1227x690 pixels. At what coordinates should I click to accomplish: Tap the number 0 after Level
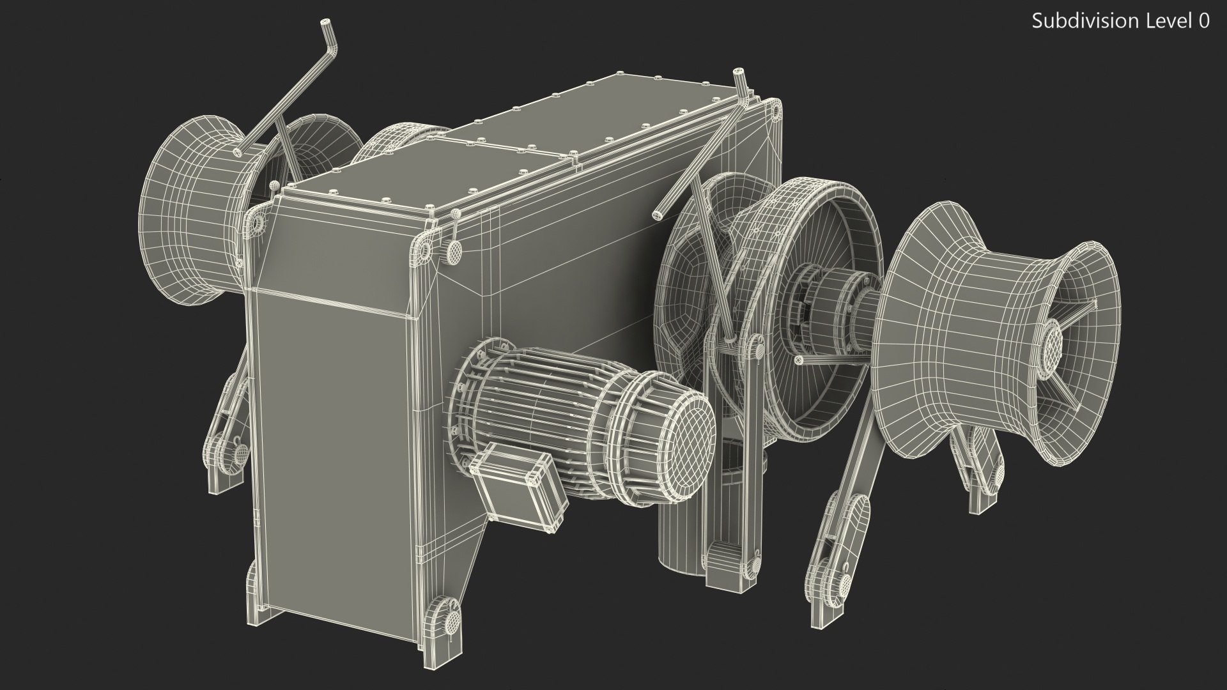coord(1204,22)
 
